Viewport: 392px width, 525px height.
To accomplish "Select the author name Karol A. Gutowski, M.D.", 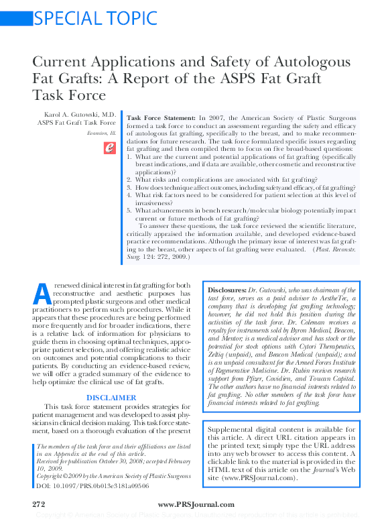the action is point(80,115).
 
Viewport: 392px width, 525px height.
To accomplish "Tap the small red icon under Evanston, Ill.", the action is point(111,149).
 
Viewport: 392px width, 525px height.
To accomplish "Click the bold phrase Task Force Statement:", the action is point(161,117).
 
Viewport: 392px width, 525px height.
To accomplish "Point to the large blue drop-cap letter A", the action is point(40,293).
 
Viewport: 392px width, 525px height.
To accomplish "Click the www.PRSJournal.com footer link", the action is point(196,504).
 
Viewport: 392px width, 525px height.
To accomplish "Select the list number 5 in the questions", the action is point(129,211).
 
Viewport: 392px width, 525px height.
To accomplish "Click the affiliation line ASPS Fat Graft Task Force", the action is point(76,123).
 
